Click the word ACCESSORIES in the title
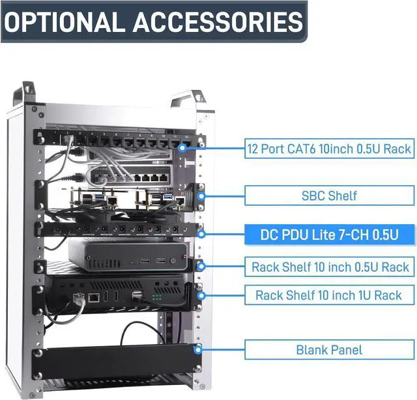(218, 21)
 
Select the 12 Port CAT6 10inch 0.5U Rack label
(329, 149)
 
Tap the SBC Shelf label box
(329, 195)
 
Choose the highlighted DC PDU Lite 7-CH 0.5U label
(329, 235)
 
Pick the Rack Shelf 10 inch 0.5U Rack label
(329, 266)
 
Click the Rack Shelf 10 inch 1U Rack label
(329, 295)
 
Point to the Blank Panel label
(329, 350)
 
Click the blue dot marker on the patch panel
(182, 148)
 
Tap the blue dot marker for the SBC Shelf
(201, 196)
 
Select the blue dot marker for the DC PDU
(201, 234)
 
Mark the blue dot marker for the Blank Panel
(197, 350)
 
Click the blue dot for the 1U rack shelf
(201, 295)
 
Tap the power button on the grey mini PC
(173, 261)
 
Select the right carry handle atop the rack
(188, 99)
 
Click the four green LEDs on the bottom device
(156, 297)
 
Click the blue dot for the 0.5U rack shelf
(201, 266)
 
